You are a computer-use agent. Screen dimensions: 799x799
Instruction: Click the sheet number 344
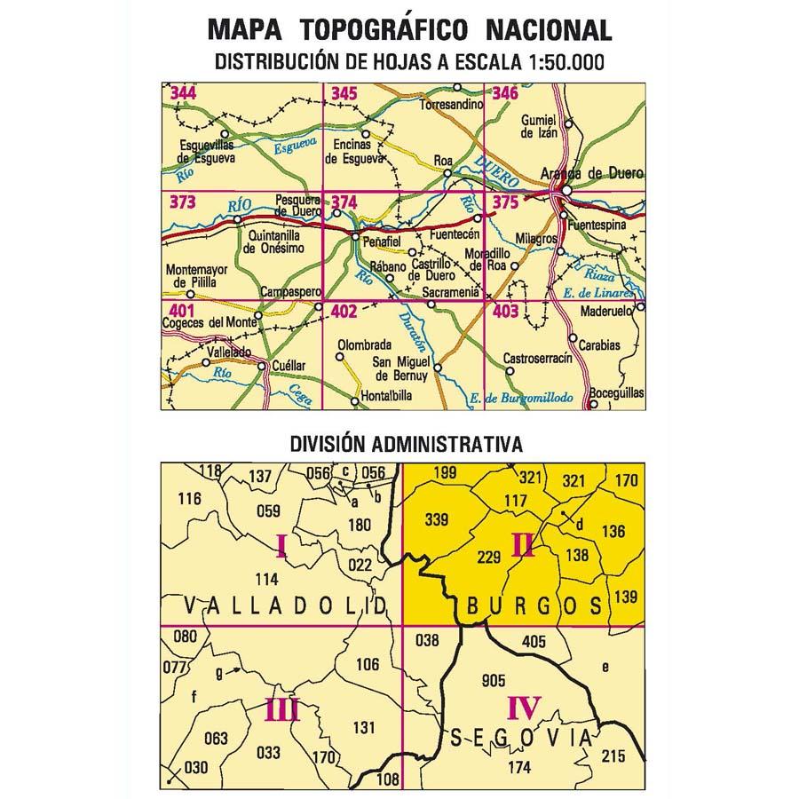pos(185,93)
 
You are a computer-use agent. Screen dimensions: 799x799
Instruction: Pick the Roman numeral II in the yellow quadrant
pos(523,543)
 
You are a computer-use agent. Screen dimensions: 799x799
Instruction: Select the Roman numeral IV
pos(524,708)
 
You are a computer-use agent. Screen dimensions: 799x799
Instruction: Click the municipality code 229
pos(489,558)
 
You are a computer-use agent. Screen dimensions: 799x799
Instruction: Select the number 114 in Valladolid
pos(266,580)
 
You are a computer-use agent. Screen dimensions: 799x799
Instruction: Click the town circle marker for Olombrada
pos(339,358)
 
